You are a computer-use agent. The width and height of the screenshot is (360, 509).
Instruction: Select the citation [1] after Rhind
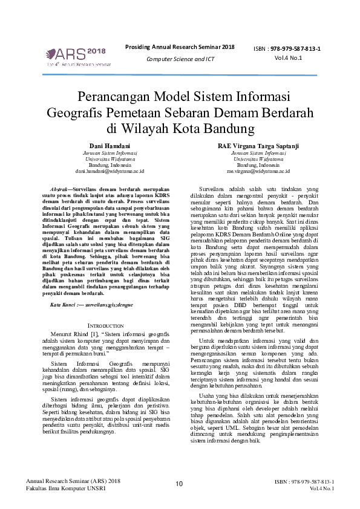point(94,334)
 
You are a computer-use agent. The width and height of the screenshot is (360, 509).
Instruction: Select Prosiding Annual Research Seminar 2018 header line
point(180,47)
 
